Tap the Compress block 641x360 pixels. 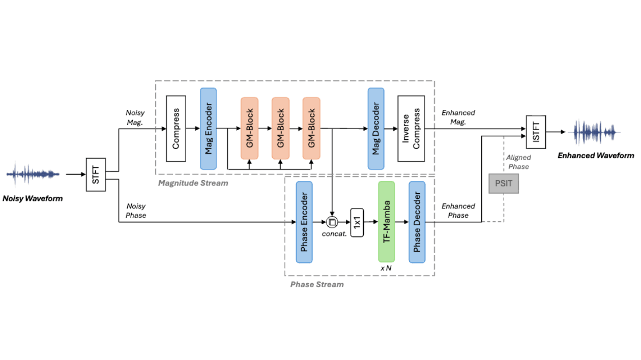[176, 129]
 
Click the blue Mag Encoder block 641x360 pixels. [208, 129]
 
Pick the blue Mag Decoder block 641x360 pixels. [376, 129]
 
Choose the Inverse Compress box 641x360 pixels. [411, 129]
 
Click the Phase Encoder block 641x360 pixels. [304, 222]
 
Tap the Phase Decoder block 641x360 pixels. [417, 222]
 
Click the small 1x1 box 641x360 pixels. [358, 222]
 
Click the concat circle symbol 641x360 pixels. [332, 222]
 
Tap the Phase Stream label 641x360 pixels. [317, 284]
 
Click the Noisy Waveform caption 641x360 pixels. [33, 198]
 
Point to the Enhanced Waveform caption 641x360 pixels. [596, 156]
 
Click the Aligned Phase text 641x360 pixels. [518, 162]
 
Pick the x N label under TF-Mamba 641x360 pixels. [386, 267]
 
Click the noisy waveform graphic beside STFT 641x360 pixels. [33, 174]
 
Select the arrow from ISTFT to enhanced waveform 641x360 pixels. [557, 132]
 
